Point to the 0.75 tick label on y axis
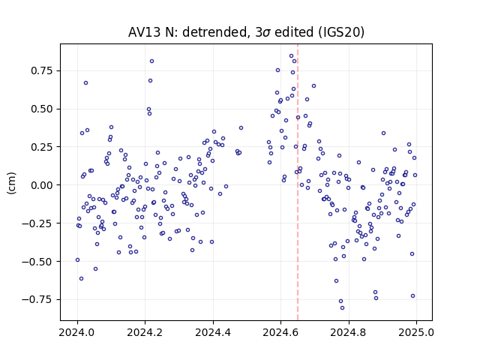(x=42, y=70)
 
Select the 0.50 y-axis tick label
(x=42, y=109)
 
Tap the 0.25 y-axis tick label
(x=42, y=147)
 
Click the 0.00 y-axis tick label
(x=42, y=185)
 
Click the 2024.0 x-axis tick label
(x=77, y=332)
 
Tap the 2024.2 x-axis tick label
(x=145, y=332)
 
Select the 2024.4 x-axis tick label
(x=213, y=332)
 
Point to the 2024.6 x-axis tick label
(x=280, y=332)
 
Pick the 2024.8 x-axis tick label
(x=348, y=332)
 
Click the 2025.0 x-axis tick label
(x=416, y=332)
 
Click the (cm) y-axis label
(x=12, y=183)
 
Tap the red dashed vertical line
(x=298, y=182)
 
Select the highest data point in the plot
(x=291, y=56)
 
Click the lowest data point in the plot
(x=342, y=308)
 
